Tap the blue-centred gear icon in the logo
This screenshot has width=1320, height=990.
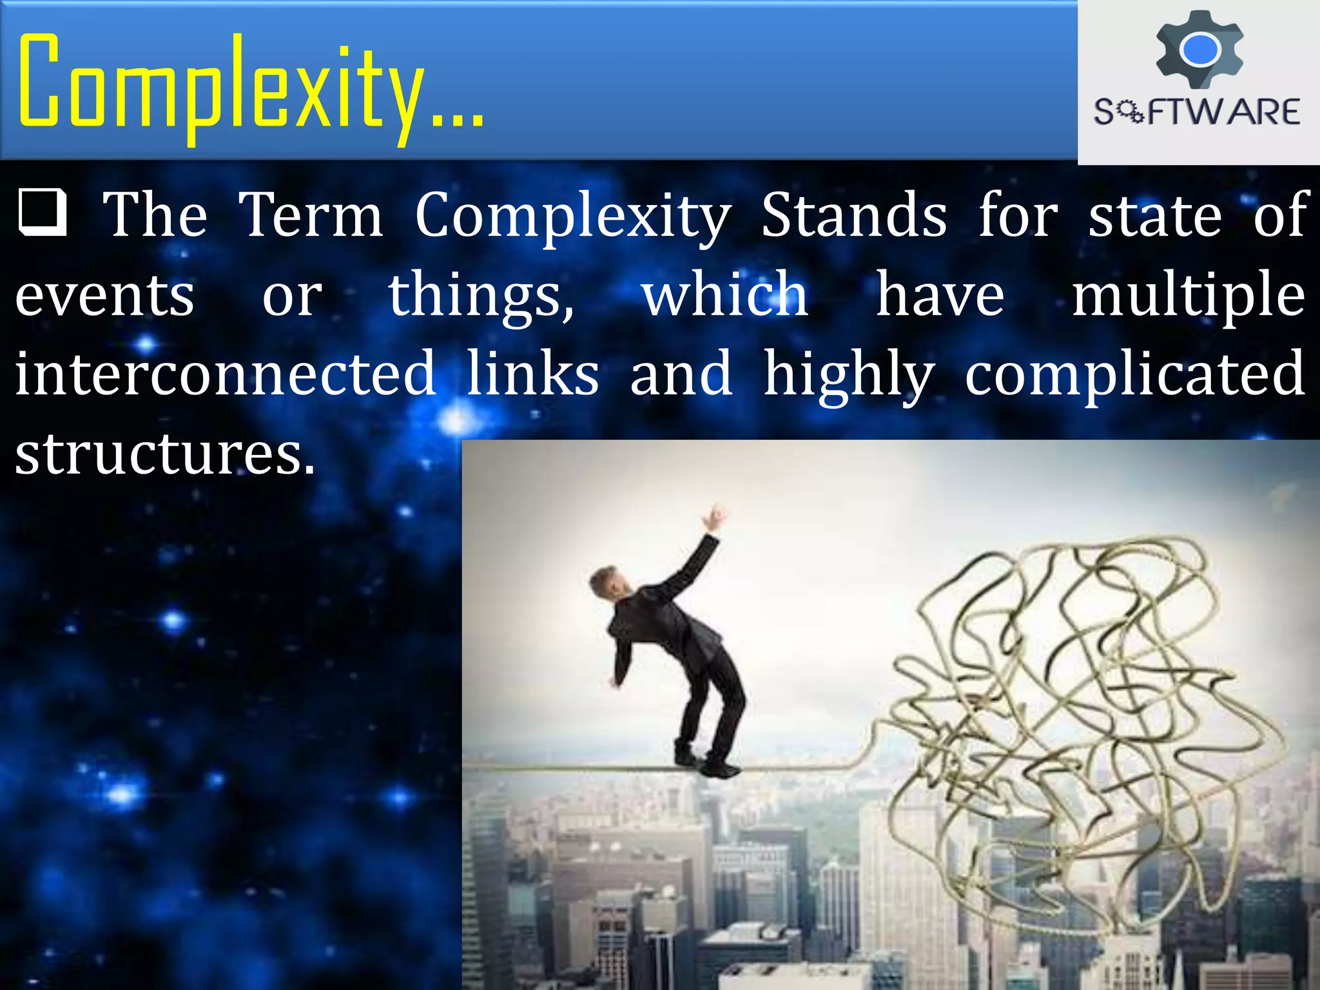point(1199,50)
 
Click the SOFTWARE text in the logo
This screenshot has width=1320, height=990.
point(1197,112)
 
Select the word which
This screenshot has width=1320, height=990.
point(725,295)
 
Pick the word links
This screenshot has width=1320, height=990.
point(532,374)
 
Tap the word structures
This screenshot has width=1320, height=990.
point(164,454)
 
